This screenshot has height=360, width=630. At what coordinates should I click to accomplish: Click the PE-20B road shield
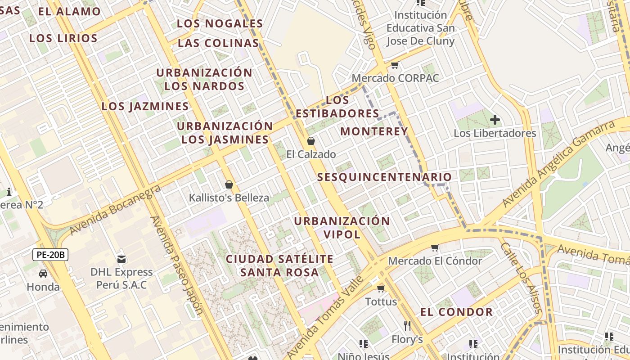click(x=50, y=255)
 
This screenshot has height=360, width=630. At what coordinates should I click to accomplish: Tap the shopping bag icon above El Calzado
click(x=310, y=141)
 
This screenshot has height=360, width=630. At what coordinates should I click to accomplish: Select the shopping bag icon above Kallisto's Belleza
click(x=229, y=184)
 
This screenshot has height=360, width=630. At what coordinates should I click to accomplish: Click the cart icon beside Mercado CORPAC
click(x=395, y=65)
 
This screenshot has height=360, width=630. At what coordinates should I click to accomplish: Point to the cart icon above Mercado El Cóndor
click(x=435, y=248)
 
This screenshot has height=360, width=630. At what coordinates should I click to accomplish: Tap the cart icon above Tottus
click(x=381, y=288)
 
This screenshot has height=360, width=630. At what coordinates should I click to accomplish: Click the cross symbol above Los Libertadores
click(x=495, y=120)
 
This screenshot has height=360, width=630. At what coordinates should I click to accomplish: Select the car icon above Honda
click(x=43, y=274)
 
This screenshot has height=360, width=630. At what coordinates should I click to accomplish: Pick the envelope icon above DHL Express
click(x=121, y=259)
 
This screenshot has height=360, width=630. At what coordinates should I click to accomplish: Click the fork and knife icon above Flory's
click(x=407, y=325)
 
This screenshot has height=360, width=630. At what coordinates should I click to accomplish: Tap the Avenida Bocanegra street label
click(x=116, y=210)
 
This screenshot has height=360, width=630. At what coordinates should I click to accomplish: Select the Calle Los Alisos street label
click(x=520, y=278)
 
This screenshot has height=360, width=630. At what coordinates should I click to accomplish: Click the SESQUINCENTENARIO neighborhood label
click(x=384, y=177)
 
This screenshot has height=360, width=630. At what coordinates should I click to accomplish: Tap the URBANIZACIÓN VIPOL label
click(x=342, y=228)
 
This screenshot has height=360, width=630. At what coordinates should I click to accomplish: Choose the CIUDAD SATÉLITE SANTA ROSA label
click(x=279, y=265)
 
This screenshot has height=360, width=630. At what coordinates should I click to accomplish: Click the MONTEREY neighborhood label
click(x=374, y=131)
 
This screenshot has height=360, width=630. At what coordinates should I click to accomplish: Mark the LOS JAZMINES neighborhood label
click(x=145, y=107)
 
